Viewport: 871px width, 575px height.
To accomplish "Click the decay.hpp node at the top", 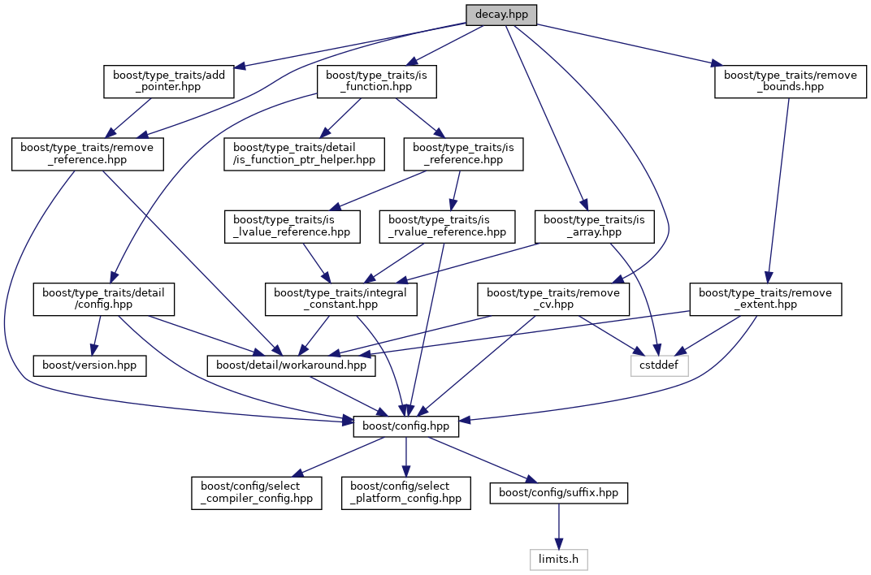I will click(x=501, y=15).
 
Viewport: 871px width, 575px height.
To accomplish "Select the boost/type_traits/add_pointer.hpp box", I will click(x=169, y=81).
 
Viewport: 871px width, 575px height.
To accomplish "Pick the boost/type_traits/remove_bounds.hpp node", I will click(x=791, y=81).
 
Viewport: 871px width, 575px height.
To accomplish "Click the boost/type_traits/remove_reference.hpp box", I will click(x=88, y=153).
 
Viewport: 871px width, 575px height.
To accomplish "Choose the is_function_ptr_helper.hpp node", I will click(x=304, y=153).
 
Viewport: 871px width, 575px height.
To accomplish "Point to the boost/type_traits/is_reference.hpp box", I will click(x=464, y=153).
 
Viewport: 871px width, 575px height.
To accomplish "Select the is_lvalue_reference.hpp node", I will click(x=292, y=226).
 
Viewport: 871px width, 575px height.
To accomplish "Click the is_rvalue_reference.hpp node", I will click(x=447, y=226).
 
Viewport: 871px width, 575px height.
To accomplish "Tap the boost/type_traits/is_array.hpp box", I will click(x=594, y=226).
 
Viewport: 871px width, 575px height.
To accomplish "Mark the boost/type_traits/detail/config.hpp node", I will click(x=104, y=299).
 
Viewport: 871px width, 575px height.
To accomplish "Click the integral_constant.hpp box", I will click(x=341, y=299).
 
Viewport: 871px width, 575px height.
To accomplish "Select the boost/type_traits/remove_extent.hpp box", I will click(x=765, y=299).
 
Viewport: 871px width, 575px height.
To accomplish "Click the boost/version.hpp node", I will click(x=89, y=365).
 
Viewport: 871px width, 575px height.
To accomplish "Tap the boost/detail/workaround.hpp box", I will click(x=291, y=365).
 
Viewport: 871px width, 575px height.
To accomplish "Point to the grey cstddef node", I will click(x=660, y=365).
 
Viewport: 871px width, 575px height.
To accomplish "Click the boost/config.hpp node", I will click(x=406, y=426).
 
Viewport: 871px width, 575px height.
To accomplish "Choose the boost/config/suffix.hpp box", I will click(x=558, y=492).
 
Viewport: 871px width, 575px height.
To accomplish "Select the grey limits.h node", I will click(x=558, y=559).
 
